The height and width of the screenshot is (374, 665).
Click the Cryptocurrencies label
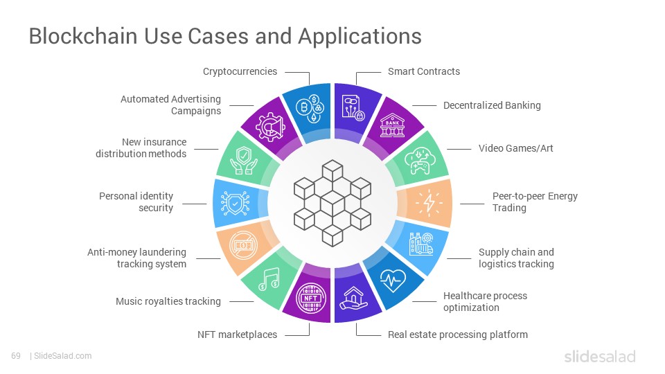pyautogui.click(x=240, y=71)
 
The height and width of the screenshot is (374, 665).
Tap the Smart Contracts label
pyautogui.click(x=424, y=71)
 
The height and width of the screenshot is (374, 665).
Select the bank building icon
pyautogui.click(x=392, y=125)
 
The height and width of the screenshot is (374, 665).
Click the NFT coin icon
pyautogui.click(x=311, y=298)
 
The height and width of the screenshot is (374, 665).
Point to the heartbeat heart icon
pyautogui.click(x=393, y=280)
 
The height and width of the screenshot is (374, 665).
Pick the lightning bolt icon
pyautogui.click(x=429, y=203)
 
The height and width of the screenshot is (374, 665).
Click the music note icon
pyautogui.click(x=269, y=279)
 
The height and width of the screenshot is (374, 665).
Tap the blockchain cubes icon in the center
pyautogui.click(x=332, y=203)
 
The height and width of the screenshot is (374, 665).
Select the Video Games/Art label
pyautogui.click(x=515, y=148)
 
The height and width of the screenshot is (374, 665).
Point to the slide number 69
pyautogui.click(x=16, y=356)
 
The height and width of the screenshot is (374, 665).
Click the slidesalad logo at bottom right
pyautogui.click(x=600, y=356)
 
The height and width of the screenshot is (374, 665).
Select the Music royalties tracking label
pyautogui.click(x=168, y=301)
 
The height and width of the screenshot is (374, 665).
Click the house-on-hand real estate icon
pyautogui.click(x=353, y=298)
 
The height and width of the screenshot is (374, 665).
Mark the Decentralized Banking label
pyautogui.click(x=492, y=105)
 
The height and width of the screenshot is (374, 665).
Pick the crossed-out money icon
pyautogui.click(x=243, y=245)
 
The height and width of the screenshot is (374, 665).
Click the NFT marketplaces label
pyautogui.click(x=237, y=335)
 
